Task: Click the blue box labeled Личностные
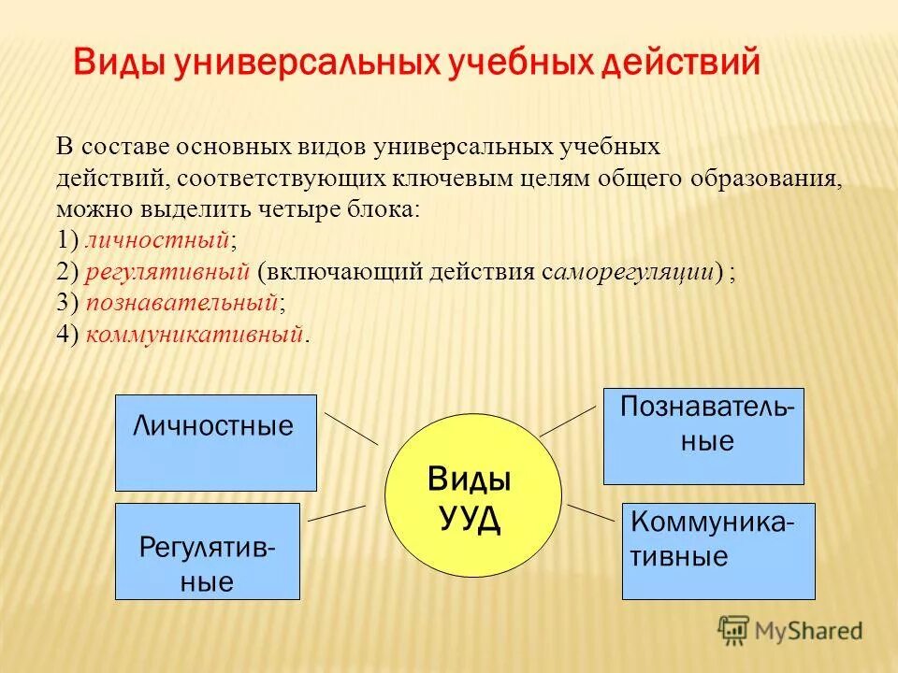(x=215, y=442)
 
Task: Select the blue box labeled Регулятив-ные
(x=207, y=551)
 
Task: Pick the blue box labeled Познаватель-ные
(x=703, y=436)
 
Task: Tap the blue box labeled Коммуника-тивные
(x=717, y=551)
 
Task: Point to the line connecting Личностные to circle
(x=351, y=428)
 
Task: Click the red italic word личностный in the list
(x=157, y=240)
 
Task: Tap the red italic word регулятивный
(x=167, y=272)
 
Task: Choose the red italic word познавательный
(x=182, y=303)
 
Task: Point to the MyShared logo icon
(x=734, y=630)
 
